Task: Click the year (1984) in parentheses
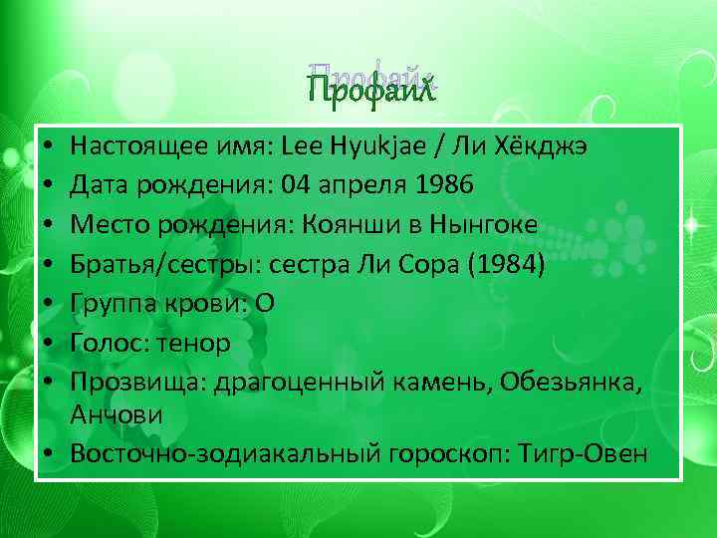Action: [x=507, y=264]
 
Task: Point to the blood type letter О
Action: [x=265, y=303]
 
